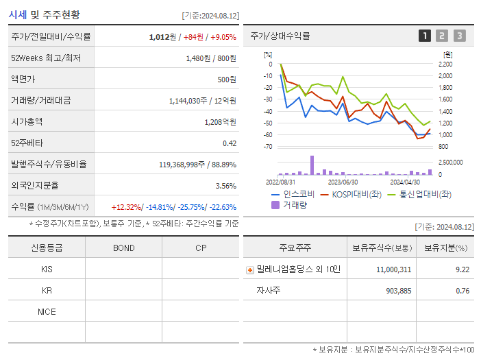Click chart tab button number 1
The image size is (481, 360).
[425, 36]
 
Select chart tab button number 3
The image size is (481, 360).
[459, 36]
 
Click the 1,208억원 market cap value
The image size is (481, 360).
[220, 122]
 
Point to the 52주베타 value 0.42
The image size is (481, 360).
[229, 143]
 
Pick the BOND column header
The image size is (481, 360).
[123, 248]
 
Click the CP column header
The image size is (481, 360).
[200, 248]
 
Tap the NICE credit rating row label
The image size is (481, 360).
[47, 312]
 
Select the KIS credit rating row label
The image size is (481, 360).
[47, 269]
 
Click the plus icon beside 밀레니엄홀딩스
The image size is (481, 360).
[250, 270]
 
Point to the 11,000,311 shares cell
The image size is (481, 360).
[393, 269]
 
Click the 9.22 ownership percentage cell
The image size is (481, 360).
[463, 269]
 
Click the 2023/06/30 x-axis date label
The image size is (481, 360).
[343, 182]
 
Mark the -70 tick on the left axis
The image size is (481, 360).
[268, 147]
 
